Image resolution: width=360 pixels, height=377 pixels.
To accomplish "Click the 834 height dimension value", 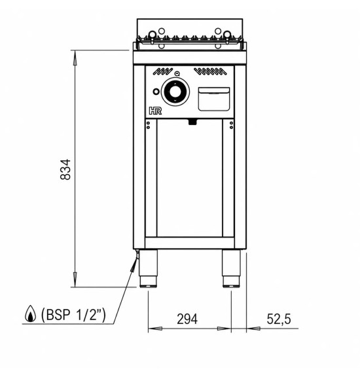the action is click(65, 170).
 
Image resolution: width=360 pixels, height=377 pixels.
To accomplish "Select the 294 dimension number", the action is click(187, 319).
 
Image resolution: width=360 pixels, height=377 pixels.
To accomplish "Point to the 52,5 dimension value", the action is click(279, 319).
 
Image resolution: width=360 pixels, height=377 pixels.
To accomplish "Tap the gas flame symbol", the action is click(30, 314).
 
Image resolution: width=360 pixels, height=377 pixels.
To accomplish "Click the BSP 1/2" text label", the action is click(73, 314).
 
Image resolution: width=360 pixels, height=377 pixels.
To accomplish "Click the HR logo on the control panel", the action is click(155, 111).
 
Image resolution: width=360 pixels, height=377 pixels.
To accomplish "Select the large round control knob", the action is click(175, 92).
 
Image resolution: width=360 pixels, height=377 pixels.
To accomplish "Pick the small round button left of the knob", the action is click(156, 92).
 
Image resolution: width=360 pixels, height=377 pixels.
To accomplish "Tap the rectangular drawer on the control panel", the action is click(214, 99).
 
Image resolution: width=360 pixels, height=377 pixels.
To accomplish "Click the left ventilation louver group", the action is click(162, 71).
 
